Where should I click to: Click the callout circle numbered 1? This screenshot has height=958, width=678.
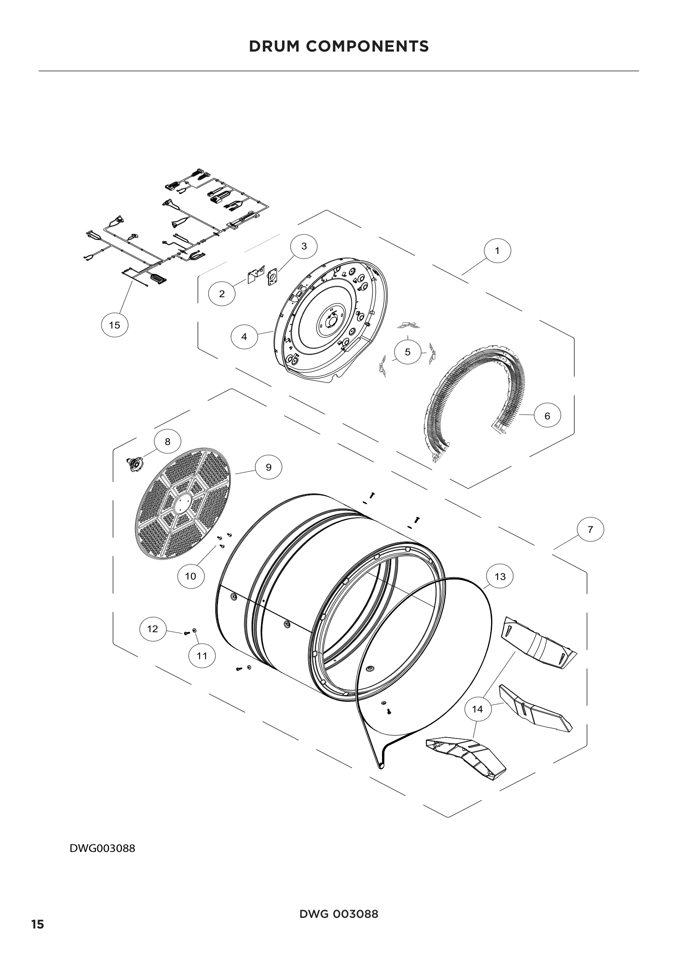point(497,251)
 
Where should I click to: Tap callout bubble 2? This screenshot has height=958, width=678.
point(222,293)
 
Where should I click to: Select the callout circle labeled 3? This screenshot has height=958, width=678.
point(303,246)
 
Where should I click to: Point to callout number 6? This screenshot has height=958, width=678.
point(547,416)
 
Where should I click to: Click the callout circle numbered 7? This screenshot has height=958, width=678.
point(590,530)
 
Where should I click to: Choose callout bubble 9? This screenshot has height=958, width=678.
point(268,467)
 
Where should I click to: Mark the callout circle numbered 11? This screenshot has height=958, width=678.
point(202,656)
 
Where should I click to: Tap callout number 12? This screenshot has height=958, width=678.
point(152,629)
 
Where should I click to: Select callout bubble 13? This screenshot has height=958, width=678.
point(500,577)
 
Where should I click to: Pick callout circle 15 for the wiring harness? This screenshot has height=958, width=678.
point(114,325)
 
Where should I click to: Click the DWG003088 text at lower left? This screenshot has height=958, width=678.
point(102,849)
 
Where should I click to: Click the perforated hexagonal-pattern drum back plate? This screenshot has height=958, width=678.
point(184,505)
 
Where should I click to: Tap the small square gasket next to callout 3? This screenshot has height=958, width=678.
point(273,276)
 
